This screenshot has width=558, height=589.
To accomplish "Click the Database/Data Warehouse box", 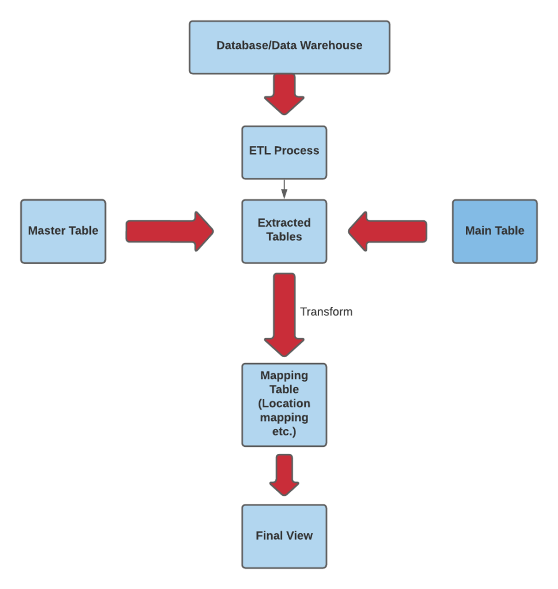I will pyautogui.click(x=289, y=47).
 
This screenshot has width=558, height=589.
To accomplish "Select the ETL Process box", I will pyautogui.click(x=284, y=152).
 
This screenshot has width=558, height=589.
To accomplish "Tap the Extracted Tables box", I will pyautogui.click(x=284, y=231).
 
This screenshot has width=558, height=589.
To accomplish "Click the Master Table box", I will pyautogui.click(x=63, y=231).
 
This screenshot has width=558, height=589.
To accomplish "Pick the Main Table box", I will pyautogui.click(x=495, y=231).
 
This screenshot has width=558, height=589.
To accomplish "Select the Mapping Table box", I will pyautogui.click(x=284, y=404).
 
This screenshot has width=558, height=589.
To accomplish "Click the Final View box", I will pyautogui.click(x=284, y=536).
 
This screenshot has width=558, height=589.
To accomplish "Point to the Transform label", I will pyautogui.click(x=326, y=312).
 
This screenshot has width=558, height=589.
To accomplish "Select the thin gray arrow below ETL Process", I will pyautogui.click(x=284, y=189).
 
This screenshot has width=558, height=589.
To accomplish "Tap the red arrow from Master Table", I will pyautogui.click(x=169, y=231).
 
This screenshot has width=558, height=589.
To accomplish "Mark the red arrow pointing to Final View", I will pyautogui.click(x=284, y=475).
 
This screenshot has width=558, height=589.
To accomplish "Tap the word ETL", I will pyautogui.click(x=260, y=151).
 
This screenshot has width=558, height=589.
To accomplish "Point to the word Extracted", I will pyautogui.click(x=284, y=223).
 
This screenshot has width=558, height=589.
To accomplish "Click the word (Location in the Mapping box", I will pyautogui.click(x=284, y=403).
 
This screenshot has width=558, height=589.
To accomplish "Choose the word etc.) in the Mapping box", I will pyautogui.click(x=284, y=431).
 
